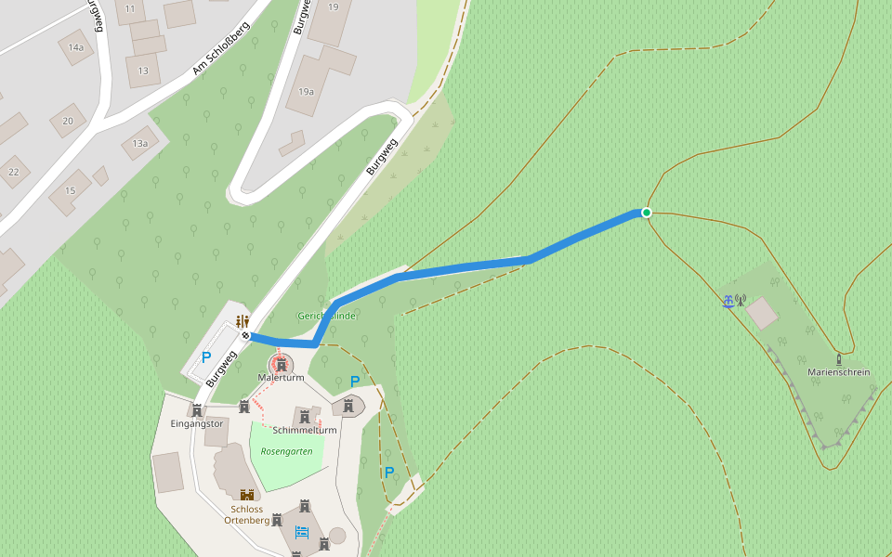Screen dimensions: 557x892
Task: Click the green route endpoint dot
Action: (647, 213)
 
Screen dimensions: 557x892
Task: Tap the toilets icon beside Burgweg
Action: (242, 321)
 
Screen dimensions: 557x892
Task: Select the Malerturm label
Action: (280, 378)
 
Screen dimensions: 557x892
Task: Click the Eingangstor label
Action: (197, 424)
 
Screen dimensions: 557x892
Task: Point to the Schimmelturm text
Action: (305, 431)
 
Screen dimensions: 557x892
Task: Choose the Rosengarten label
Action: (286, 451)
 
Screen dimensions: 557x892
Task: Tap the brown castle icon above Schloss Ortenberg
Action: (247, 495)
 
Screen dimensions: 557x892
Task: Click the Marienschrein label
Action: (838, 372)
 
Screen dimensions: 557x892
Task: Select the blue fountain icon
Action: (728, 301)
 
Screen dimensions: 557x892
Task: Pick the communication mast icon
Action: (741, 300)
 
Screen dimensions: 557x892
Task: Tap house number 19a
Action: (306, 92)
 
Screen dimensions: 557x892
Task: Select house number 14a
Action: (76, 47)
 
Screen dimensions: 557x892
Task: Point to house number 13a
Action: (140, 143)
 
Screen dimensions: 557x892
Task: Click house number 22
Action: (13, 172)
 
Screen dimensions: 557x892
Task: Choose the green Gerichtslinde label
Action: (326, 316)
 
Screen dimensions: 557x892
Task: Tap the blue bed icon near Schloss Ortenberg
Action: (301, 532)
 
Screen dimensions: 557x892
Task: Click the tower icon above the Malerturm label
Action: (280, 364)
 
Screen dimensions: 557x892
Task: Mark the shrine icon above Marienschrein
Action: (838, 358)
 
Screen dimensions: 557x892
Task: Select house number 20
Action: (68, 121)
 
